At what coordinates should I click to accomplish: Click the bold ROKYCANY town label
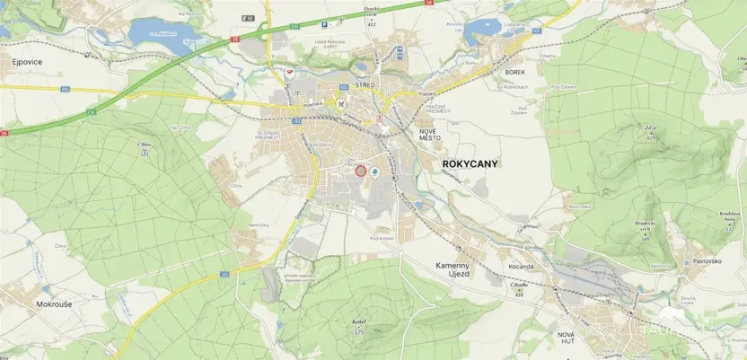471,164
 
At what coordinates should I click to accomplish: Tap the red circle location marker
361,170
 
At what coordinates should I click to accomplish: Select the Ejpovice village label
28,62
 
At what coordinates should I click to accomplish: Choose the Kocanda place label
522,267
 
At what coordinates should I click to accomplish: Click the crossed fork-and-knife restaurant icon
342,103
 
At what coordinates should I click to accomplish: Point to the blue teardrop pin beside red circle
376,170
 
